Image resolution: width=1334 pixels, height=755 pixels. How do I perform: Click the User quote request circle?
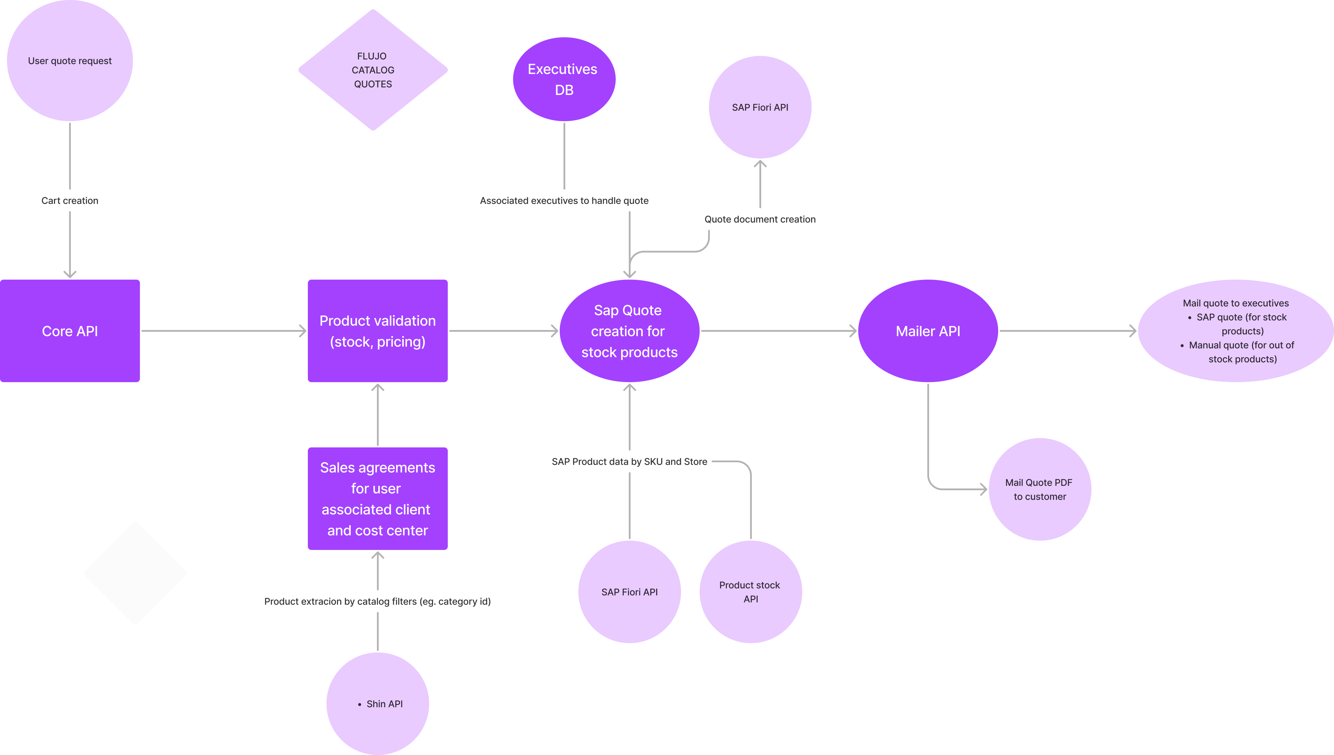pyautogui.click(x=70, y=61)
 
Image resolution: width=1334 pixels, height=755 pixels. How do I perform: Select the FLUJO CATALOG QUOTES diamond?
pyautogui.click(x=373, y=70)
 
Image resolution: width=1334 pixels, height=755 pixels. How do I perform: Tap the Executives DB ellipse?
pyautogui.click(x=564, y=79)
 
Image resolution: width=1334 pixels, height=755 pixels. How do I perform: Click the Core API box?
pyautogui.click(x=70, y=331)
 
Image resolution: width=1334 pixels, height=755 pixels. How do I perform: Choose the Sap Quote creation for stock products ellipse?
pyautogui.click(x=629, y=331)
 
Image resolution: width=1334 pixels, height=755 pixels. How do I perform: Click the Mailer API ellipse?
pyautogui.click(x=928, y=331)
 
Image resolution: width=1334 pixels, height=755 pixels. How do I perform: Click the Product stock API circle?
pyautogui.click(x=750, y=592)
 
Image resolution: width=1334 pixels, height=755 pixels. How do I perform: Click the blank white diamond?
pyautogui.click(x=135, y=573)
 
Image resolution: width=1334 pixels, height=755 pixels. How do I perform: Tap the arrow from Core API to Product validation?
pyautogui.click(x=223, y=331)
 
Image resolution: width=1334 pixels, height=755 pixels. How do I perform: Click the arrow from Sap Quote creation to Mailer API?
pyautogui.click(x=778, y=331)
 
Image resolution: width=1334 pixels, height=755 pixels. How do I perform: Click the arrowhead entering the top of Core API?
pyautogui.click(x=70, y=273)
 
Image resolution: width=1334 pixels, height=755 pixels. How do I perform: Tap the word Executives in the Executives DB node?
pyautogui.click(x=562, y=69)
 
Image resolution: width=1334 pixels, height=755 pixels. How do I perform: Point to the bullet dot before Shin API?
pyautogui.click(x=359, y=704)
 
